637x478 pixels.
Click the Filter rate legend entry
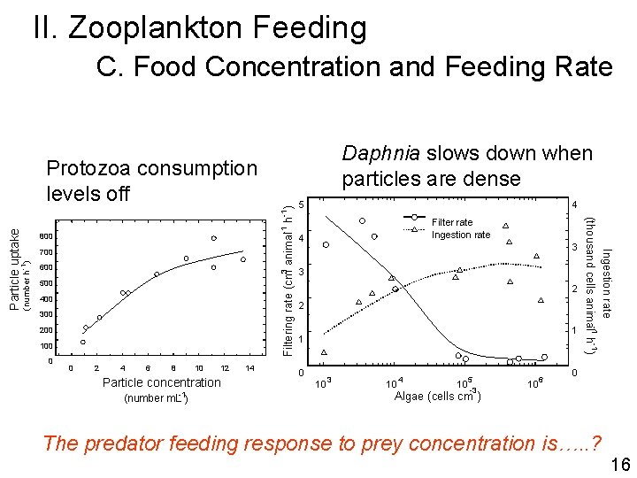tap(452, 221)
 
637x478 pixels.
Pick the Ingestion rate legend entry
tap(460, 235)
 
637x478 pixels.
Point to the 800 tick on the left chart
tap(46, 236)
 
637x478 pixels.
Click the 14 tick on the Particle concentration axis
tap(249, 368)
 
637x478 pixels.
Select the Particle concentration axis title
tap(162, 382)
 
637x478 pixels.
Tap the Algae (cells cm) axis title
tap(438, 396)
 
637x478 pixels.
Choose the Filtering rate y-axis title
tap(288, 280)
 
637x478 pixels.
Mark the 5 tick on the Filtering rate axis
tap(301, 205)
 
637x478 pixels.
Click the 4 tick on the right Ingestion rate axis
tap(574, 205)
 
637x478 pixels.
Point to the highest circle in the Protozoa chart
tap(213, 238)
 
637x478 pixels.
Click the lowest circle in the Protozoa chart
tap(83, 342)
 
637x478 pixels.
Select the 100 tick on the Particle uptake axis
tap(46, 346)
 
